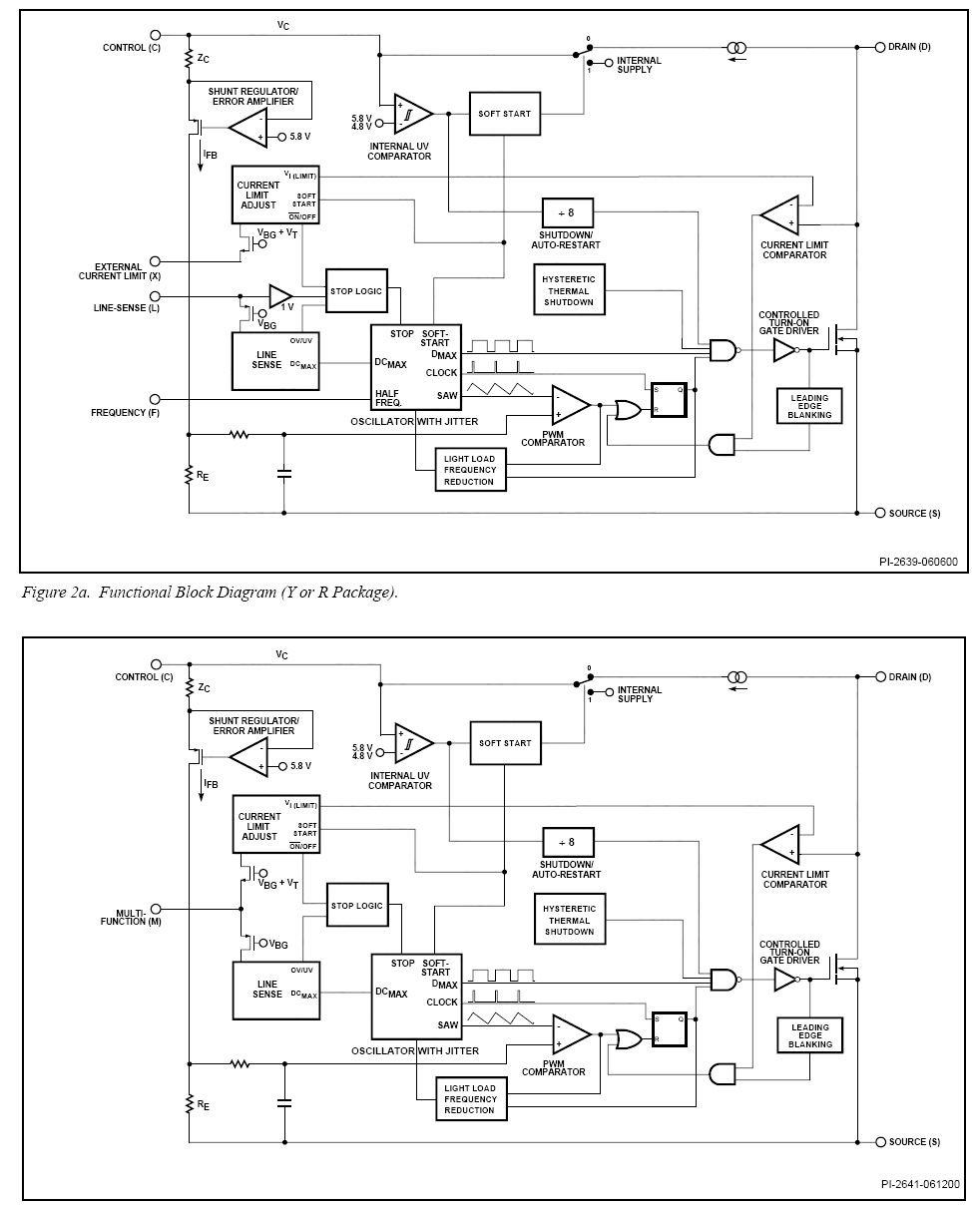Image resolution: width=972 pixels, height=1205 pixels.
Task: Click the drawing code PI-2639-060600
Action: pos(910,562)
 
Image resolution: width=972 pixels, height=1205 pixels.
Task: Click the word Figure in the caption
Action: pos(42,593)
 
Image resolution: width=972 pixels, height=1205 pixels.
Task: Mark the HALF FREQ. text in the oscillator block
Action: pos(388,397)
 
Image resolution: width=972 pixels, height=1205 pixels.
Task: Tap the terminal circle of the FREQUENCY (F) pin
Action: pos(156,398)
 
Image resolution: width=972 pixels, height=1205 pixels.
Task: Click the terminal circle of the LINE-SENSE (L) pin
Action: pos(156,296)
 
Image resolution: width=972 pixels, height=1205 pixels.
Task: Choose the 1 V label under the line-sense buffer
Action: pos(285,307)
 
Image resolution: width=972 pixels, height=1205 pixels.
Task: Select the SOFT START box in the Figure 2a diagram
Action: pos(504,114)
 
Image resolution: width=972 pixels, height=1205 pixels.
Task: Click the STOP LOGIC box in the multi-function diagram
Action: pos(356,906)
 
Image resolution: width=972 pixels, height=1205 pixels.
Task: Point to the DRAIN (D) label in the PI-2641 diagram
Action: pos(909,677)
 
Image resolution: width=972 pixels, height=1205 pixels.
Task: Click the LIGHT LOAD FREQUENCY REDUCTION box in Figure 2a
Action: pos(470,470)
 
